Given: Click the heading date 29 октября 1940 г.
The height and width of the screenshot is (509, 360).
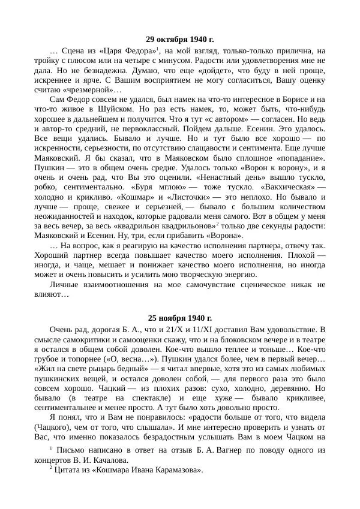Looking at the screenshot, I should pyautogui.click(x=180, y=39).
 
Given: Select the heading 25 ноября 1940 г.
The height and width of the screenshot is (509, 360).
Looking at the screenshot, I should pyautogui.click(x=180, y=317).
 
